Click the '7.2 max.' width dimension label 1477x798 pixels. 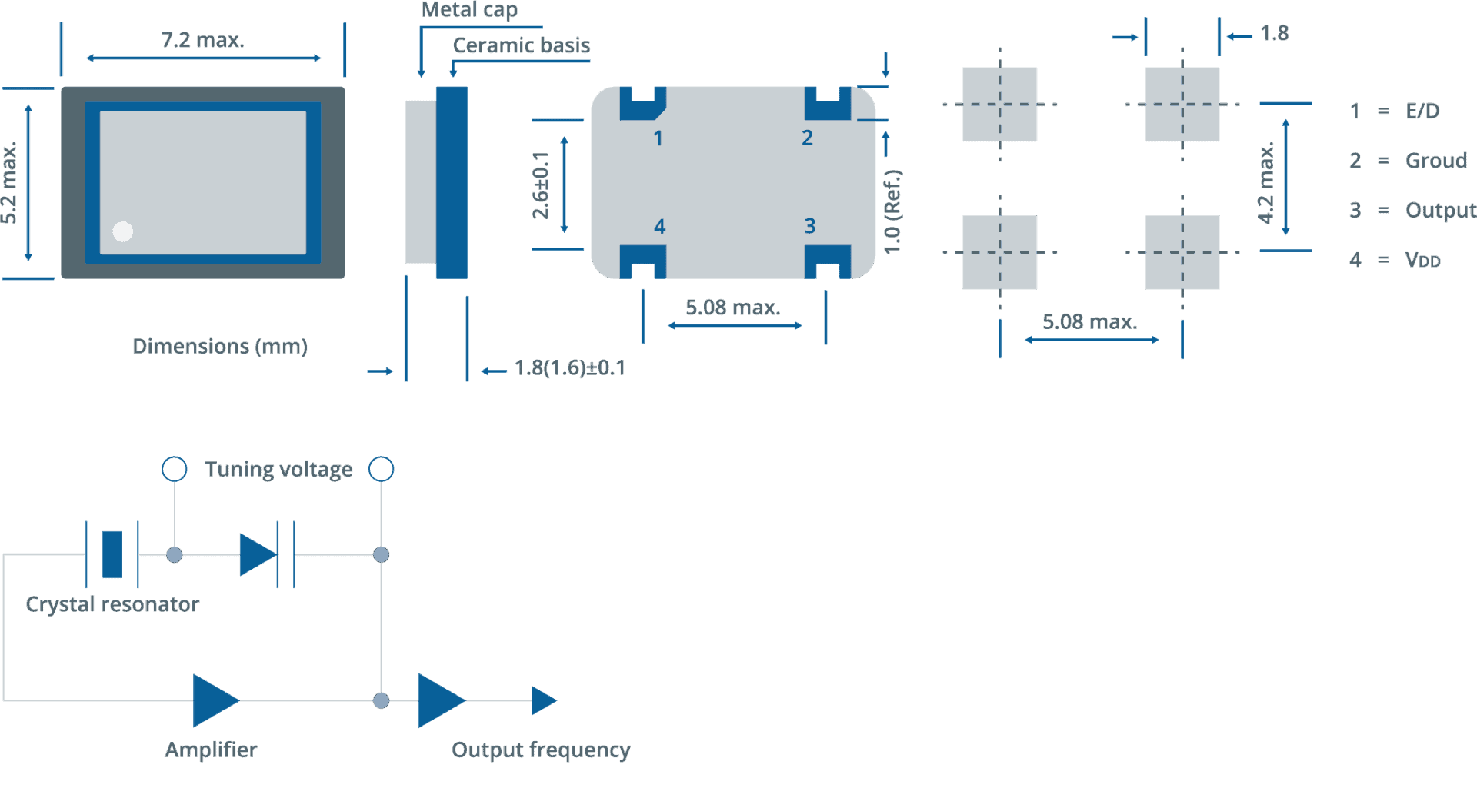pos(202,40)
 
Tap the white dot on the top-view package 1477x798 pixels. pos(123,231)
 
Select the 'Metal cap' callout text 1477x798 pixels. pos(469,9)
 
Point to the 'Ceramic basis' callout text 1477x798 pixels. pos(522,45)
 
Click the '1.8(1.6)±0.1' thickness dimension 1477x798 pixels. pos(570,368)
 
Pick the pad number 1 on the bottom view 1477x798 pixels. pos(658,138)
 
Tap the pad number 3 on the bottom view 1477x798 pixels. pos(809,226)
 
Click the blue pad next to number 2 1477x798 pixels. pos(828,104)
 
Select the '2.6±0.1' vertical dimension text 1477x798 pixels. pos(541,185)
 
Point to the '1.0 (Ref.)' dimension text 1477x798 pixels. pos(892,211)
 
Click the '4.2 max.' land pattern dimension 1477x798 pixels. pos(1265,183)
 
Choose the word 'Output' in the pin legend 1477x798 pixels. pos(1441,210)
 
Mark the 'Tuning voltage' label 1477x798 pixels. pos(278,469)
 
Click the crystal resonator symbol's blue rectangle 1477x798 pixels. pos(112,554)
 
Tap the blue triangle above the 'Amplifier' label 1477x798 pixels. pos(216,700)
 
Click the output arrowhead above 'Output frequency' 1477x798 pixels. pos(544,700)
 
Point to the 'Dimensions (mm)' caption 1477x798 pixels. pos(220,346)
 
